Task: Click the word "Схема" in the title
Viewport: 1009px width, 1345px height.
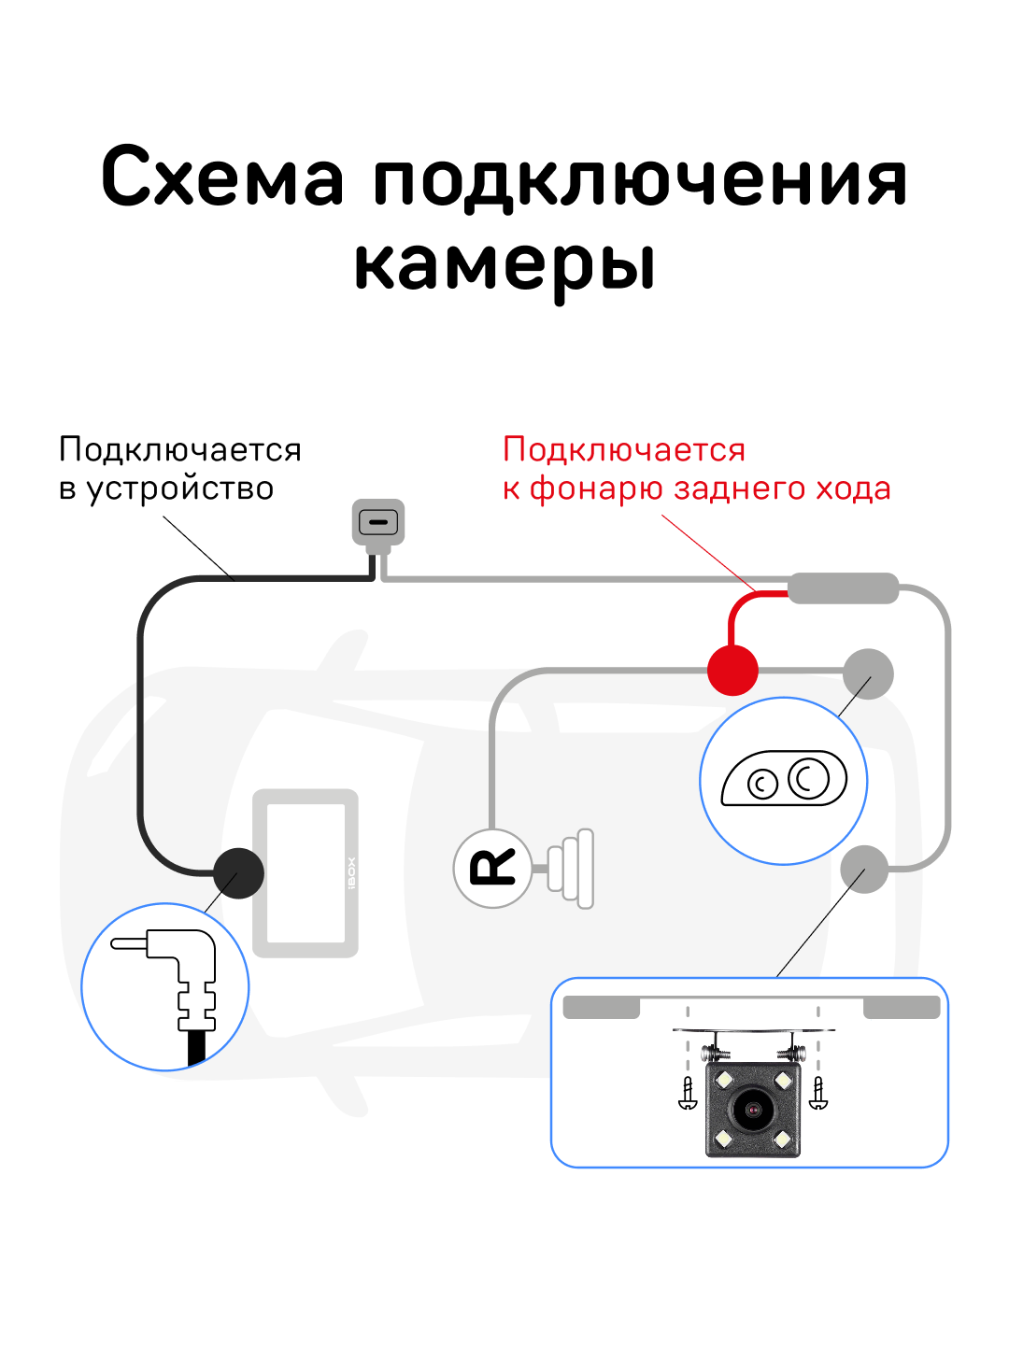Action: point(222,177)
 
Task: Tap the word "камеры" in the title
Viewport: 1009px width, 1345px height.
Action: point(504,264)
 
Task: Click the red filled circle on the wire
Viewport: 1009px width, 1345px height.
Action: point(732,670)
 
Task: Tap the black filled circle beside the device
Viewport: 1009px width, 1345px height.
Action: point(238,873)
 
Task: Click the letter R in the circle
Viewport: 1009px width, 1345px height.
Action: point(492,869)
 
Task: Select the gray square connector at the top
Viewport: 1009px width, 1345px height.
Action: point(378,522)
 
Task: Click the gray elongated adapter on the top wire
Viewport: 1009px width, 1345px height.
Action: point(843,588)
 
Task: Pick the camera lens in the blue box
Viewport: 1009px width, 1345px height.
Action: point(752,1110)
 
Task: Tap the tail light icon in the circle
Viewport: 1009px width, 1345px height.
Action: point(785,779)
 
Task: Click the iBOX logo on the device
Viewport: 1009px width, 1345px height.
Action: point(351,873)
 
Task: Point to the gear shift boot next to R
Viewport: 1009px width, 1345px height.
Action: point(571,869)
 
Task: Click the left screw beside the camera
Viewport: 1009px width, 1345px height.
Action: point(688,1093)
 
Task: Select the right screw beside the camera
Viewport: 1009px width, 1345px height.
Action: point(818,1093)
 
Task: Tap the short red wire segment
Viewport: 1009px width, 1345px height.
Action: point(738,612)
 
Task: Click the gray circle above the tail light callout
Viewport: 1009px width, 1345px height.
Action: point(868,673)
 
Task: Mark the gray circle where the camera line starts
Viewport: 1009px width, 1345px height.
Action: point(864,870)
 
